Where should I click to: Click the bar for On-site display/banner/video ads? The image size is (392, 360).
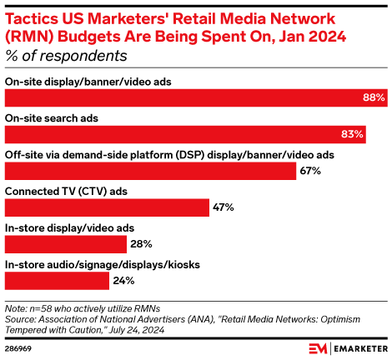(195, 97)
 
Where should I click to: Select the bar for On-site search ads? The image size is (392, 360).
(185, 134)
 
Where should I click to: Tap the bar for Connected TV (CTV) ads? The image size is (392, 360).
(107, 207)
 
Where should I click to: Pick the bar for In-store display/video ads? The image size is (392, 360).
(66, 243)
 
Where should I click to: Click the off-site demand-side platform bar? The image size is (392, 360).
(150, 171)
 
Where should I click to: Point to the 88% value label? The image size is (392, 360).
(373, 97)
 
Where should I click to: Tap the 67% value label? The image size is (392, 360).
(311, 171)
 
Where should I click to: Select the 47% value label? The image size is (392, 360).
(223, 207)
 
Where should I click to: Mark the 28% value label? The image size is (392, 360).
(139, 243)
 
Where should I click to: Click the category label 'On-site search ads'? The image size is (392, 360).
(52, 118)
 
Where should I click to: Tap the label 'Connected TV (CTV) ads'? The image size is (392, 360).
(67, 191)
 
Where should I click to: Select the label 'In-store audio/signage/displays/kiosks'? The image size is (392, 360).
(103, 264)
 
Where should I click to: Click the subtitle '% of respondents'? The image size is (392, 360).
(66, 56)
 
